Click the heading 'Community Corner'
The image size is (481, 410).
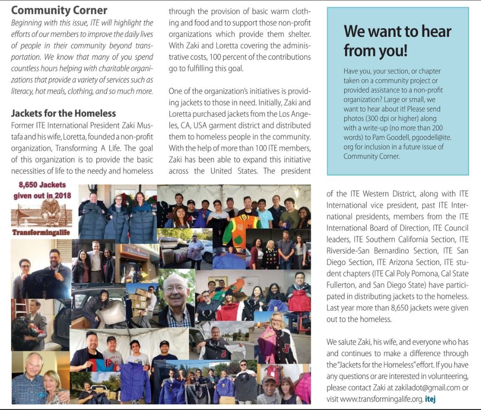point(59,10)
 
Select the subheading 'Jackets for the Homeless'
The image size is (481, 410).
point(63,113)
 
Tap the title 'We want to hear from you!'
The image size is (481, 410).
point(398,40)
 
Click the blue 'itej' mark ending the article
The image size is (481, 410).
point(430,399)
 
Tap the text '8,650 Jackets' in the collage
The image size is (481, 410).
point(42,186)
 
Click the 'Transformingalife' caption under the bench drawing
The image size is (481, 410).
point(42,233)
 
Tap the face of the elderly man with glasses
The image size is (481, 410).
point(176,289)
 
